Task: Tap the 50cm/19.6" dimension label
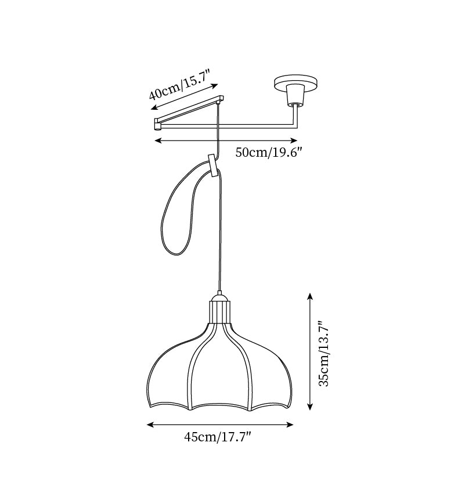269,153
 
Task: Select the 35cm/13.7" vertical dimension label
323,353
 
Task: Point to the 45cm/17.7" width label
218,437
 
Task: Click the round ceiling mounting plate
296,82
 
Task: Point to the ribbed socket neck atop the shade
220,311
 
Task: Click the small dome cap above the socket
220,296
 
